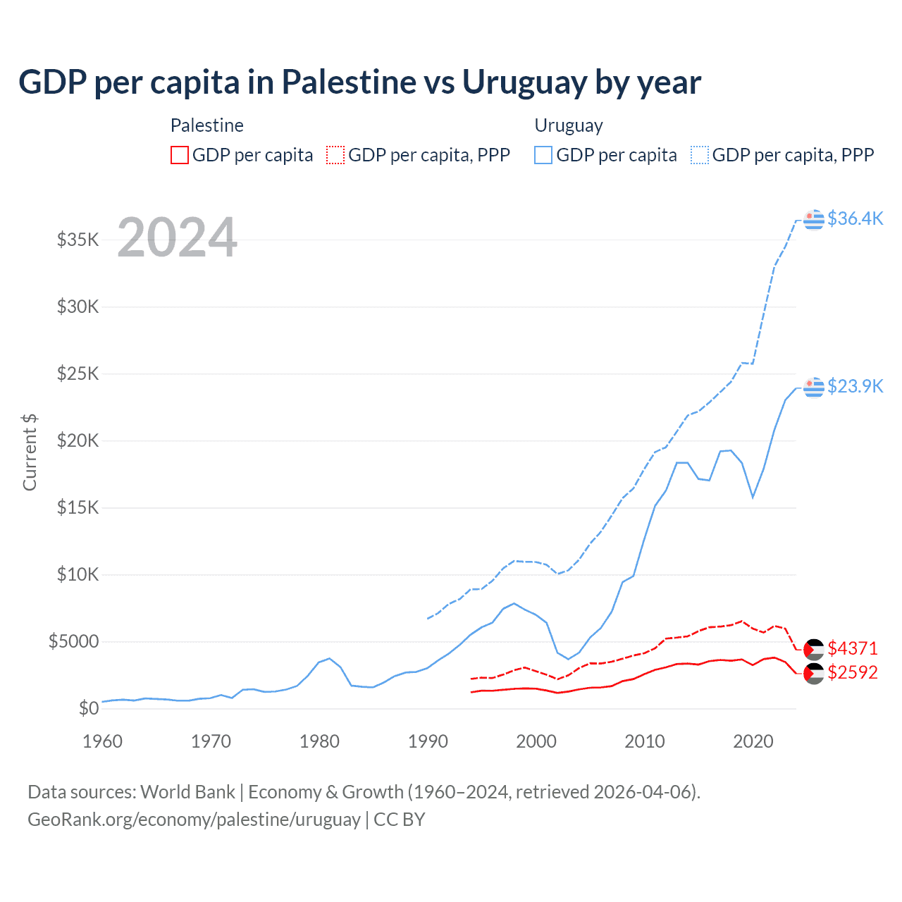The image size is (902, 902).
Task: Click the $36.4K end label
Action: (x=855, y=218)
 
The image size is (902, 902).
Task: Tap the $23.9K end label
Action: (x=855, y=386)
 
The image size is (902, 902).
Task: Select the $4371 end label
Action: (x=853, y=648)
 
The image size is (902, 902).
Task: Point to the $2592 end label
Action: (x=853, y=672)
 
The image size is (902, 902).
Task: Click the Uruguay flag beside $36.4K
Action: (x=814, y=219)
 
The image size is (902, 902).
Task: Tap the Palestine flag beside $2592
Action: (x=814, y=674)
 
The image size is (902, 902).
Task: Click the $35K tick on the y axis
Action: (x=78, y=240)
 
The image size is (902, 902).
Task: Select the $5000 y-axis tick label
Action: (x=74, y=641)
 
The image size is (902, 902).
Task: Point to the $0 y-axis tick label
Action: (x=88, y=708)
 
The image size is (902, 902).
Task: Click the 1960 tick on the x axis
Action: (x=103, y=741)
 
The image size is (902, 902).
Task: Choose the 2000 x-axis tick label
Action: (x=536, y=741)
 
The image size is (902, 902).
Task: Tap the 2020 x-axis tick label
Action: (x=753, y=741)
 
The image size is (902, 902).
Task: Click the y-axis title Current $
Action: (x=30, y=452)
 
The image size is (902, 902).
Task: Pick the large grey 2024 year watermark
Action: (x=177, y=237)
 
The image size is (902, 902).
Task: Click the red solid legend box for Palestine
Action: (x=180, y=155)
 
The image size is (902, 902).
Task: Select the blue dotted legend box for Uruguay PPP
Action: (x=700, y=155)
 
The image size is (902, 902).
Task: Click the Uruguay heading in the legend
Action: (x=569, y=125)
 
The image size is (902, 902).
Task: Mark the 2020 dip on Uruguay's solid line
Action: (x=753, y=498)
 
